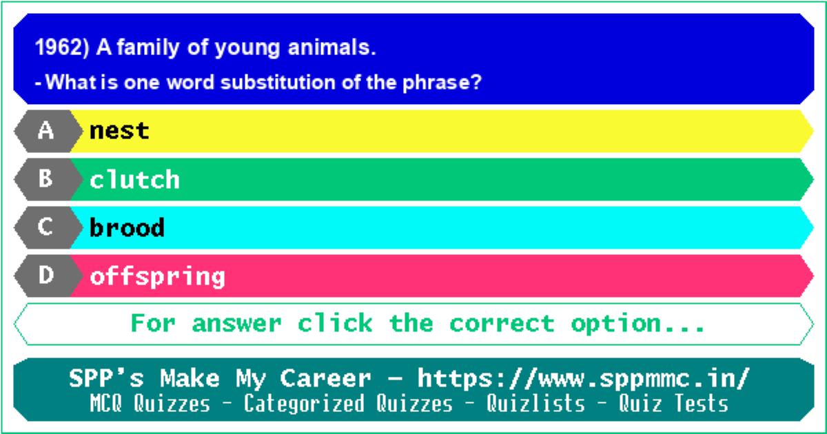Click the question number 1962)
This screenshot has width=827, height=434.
pyautogui.click(x=62, y=48)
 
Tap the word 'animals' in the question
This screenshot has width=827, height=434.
pyautogui.click(x=331, y=48)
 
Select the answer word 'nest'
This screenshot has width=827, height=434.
pyautogui.click(x=119, y=131)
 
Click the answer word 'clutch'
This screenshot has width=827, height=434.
pyautogui.click(x=134, y=180)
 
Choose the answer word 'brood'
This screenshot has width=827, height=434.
pyautogui.click(x=127, y=228)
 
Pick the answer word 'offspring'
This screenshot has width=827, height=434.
pyautogui.click(x=157, y=277)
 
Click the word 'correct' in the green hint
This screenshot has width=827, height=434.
pyautogui.click(x=502, y=324)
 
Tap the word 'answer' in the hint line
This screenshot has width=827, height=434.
pyautogui.click(x=236, y=324)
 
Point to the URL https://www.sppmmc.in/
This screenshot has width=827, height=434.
pyautogui.click(x=584, y=379)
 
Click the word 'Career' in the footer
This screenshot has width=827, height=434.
pyautogui.click(x=325, y=379)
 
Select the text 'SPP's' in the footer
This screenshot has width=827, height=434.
pyautogui.click(x=106, y=378)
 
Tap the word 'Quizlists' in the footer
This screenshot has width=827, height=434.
pyautogui.click(x=535, y=404)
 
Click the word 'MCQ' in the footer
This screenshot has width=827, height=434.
pyautogui.click(x=106, y=404)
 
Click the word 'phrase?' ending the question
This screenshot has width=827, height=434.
pyautogui.click(x=442, y=82)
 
